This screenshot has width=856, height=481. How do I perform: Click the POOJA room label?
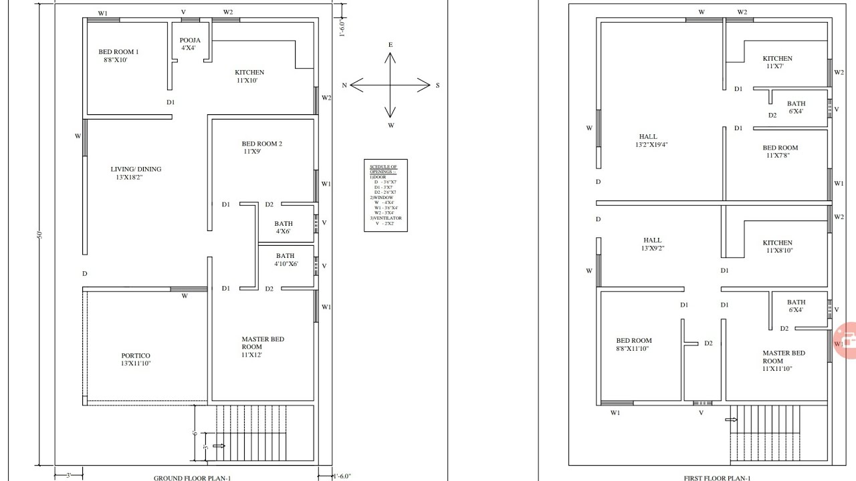point(190,41)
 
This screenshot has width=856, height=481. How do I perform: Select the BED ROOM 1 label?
point(118,51)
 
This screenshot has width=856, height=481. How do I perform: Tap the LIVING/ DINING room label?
point(136,169)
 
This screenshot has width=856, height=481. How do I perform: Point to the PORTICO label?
point(136,355)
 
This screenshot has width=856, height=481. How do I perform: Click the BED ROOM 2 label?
point(261,144)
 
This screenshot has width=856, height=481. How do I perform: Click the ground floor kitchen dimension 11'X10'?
point(247,80)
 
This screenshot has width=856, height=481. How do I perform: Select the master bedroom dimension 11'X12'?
point(251,355)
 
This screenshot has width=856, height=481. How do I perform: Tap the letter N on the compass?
point(344,86)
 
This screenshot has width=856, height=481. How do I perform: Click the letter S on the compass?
point(437,86)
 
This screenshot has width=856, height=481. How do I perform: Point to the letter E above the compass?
point(391,45)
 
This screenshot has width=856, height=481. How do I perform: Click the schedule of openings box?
point(385,195)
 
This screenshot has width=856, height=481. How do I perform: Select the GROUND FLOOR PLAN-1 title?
point(193,478)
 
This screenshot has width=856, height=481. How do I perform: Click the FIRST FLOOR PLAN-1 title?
point(717,478)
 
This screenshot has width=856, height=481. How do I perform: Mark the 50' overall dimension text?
point(39,234)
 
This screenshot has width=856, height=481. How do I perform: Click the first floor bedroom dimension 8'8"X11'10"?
point(633,348)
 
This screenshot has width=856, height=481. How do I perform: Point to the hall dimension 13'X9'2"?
point(652,248)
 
